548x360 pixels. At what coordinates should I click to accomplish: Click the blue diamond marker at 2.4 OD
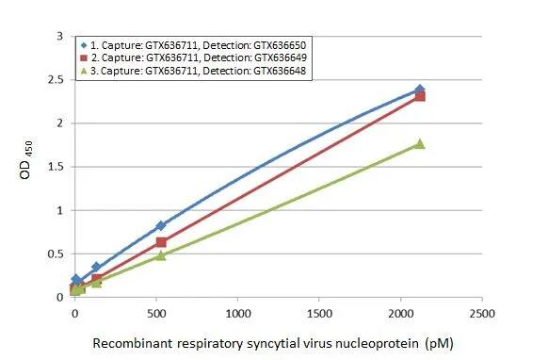[x=420, y=90]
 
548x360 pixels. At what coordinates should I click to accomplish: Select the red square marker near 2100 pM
[x=420, y=96]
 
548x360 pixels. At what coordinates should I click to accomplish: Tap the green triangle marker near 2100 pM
[x=420, y=143]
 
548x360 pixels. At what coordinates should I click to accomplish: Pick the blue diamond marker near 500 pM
[x=161, y=225]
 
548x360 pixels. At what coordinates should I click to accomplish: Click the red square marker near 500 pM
[x=161, y=242]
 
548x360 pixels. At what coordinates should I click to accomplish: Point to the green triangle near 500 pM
[x=161, y=255]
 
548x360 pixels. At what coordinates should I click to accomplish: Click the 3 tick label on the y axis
[x=60, y=36]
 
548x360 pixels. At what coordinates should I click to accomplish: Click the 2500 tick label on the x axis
[x=483, y=312]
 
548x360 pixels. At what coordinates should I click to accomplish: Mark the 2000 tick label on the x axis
[x=402, y=312]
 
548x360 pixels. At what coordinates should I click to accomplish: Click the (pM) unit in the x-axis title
[x=438, y=343]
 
